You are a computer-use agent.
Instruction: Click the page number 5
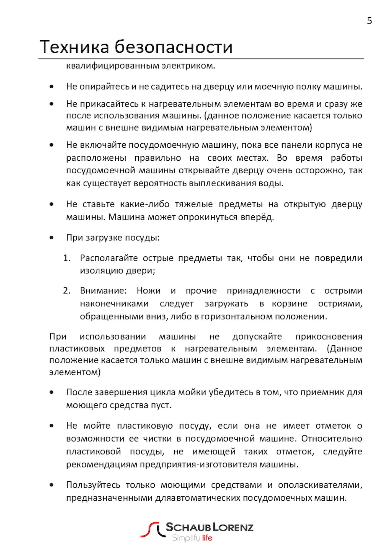pyautogui.click(x=369, y=21)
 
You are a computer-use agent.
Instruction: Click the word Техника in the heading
pyautogui.click(x=74, y=47)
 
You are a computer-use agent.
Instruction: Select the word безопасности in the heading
pyautogui.click(x=174, y=47)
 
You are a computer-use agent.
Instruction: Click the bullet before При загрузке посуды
pyautogui.click(x=51, y=238)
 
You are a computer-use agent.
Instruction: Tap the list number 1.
pyautogui.click(x=67, y=258)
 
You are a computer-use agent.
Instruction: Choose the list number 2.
pyautogui.click(x=67, y=291)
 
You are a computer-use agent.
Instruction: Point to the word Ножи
pyautogui.click(x=148, y=291)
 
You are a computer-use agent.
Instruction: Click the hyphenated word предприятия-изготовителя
pyautogui.click(x=198, y=464)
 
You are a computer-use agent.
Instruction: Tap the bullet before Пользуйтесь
pyautogui.click(x=51, y=485)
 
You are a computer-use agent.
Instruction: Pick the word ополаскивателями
pyautogui.click(x=320, y=485)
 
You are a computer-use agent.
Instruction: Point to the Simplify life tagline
pyautogui.click(x=192, y=538)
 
